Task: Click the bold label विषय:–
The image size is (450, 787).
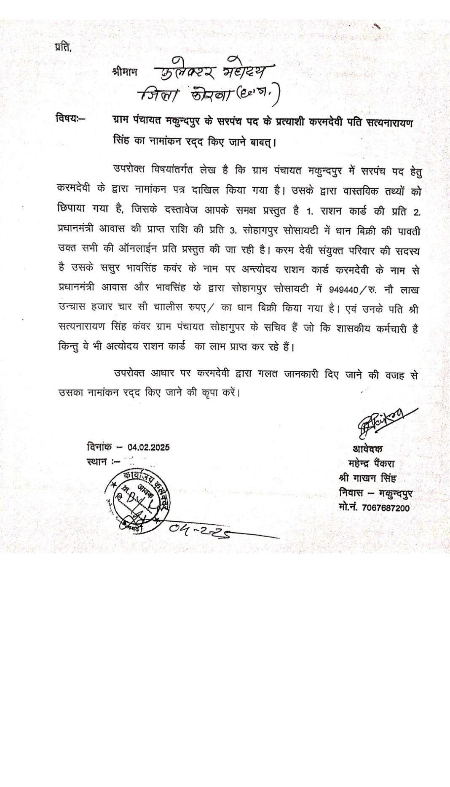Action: click(70, 119)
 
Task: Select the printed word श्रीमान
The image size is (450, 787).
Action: click(125, 72)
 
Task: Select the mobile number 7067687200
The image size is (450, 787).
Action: click(386, 508)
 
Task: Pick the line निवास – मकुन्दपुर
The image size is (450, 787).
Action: click(375, 493)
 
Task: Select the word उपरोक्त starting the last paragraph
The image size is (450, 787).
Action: click(129, 373)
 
